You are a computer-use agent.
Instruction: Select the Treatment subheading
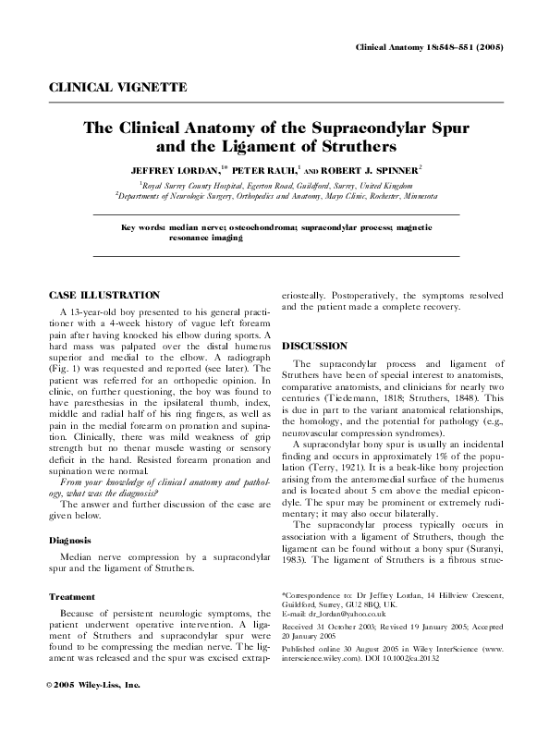coord(74,597)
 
